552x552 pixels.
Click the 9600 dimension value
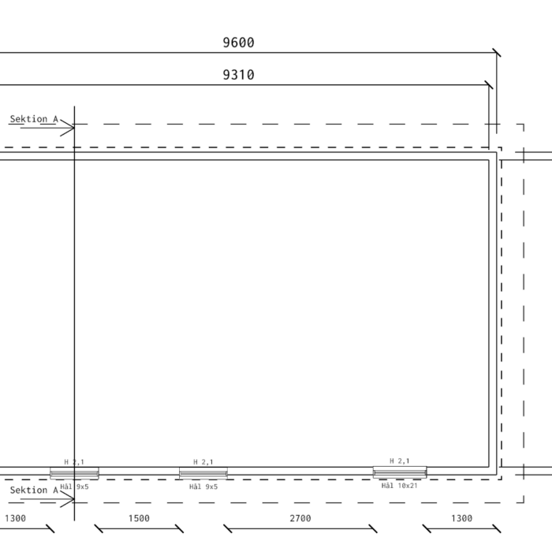pos(238,43)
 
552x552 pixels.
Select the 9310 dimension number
pos(238,75)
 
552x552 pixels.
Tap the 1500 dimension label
pos(139,518)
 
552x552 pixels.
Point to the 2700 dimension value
pos(300,518)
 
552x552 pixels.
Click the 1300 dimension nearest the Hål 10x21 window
pos(461,518)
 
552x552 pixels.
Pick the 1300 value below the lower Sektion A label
pos(15,518)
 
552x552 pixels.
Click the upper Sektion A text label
pos(34,119)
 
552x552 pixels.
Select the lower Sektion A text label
pos(34,490)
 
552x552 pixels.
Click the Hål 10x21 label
pos(399,486)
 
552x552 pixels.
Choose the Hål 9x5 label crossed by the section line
pos(74,487)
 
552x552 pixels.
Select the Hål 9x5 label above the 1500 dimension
pos(203,487)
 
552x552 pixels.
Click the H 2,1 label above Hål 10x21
pos(400,461)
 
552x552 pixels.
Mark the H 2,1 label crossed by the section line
pos(74,462)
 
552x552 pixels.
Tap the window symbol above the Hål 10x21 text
pos(400,472)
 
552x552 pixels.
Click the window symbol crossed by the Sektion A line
pos(74,473)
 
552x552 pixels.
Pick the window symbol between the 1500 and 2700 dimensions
pos(203,473)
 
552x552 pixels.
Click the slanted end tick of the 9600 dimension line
pos(497,53)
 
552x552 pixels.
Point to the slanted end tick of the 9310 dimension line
pos(489,85)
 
